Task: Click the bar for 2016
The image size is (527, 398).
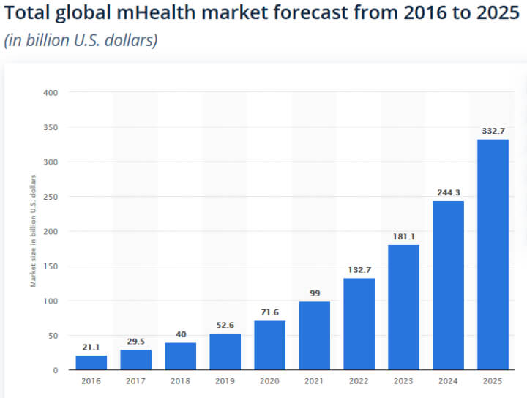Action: pyautogui.click(x=91, y=362)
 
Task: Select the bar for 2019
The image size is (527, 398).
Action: pyautogui.click(x=225, y=351)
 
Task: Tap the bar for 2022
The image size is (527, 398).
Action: pyautogui.click(x=359, y=323)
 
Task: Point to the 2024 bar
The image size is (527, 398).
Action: pyautogui.click(x=448, y=285)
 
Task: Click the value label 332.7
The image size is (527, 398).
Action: pyautogui.click(x=493, y=131)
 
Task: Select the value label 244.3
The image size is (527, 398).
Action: pyautogui.click(x=448, y=192)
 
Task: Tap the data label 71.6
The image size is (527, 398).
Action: pyautogui.click(x=269, y=312)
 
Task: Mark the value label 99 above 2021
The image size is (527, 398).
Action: pyautogui.click(x=314, y=293)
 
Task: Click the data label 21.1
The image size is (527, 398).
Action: pyautogui.click(x=91, y=348)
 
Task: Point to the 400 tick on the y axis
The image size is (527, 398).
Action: pyautogui.click(x=51, y=93)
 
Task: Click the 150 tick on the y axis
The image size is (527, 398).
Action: pyautogui.click(x=51, y=266)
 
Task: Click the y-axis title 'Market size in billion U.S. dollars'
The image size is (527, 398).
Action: pyautogui.click(x=33, y=231)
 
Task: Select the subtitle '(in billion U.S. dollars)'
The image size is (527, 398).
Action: pyautogui.click(x=81, y=41)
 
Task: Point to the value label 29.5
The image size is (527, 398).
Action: pyautogui.click(x=135, y=342)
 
